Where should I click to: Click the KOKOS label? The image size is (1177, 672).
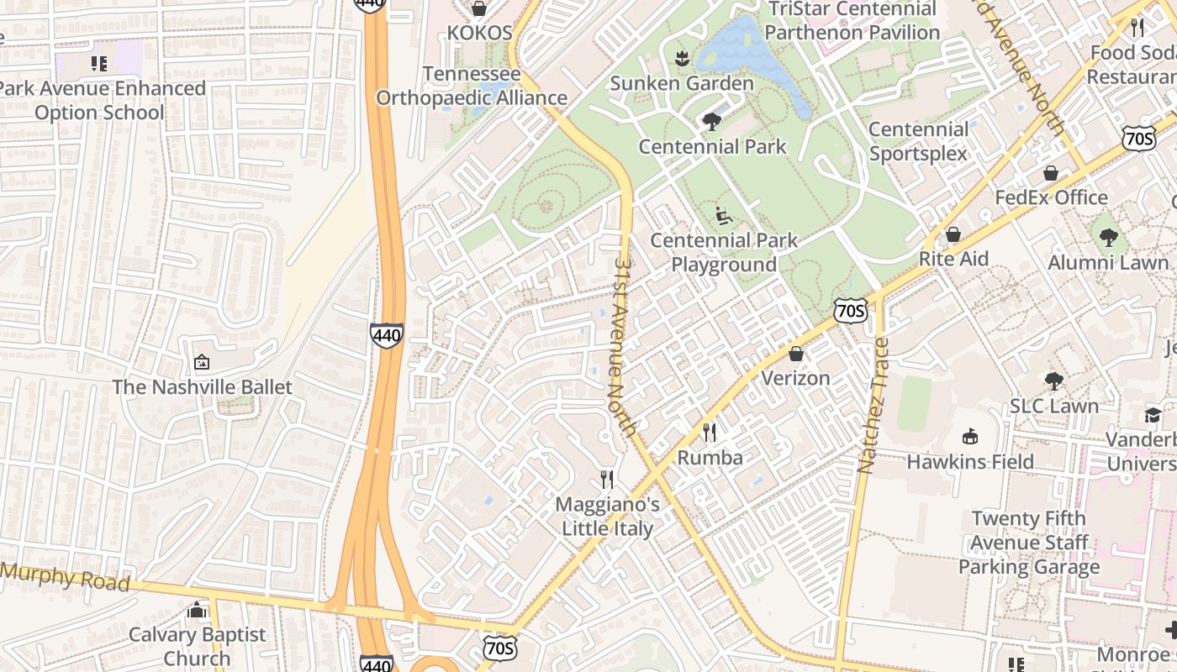(479, 33)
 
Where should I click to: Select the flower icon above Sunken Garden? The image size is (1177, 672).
(682, 58)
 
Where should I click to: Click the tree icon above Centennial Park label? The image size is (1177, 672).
(712, 122)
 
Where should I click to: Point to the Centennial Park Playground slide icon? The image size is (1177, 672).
(723, 216)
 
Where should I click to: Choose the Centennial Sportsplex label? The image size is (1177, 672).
(919, 141)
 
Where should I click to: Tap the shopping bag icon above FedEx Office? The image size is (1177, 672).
(1050, 173)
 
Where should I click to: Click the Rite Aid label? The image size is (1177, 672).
(953, 258)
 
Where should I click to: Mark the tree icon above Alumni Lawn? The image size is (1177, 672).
(1108, 238)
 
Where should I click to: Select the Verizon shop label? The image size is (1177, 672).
(795, 378)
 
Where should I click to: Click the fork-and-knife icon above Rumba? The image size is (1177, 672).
(710, 433)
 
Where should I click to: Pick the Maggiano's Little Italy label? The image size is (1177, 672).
(607, 517)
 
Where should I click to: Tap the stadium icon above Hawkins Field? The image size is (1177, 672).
(970, 436)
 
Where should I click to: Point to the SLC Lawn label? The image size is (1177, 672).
(1054, 406)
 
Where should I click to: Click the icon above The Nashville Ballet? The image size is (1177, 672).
(202, 362)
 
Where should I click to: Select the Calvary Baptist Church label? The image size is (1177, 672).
(197, 646)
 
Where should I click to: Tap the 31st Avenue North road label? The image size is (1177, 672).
(623, 344)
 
